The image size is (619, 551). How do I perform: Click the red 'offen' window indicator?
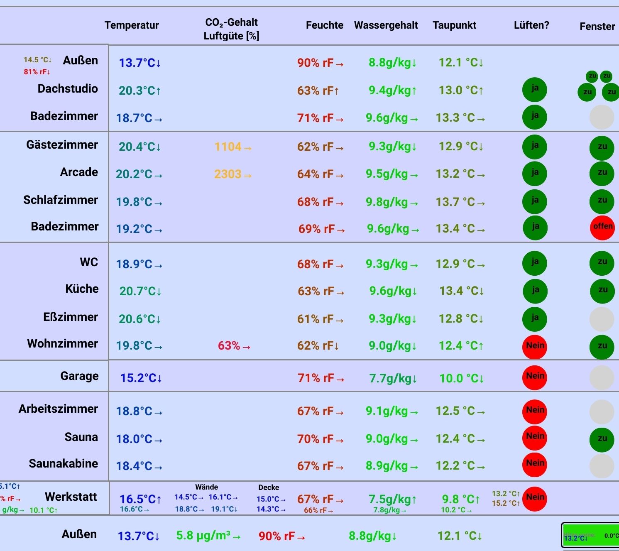pos(602,227)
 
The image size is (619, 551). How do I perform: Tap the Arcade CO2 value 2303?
pos(228,174)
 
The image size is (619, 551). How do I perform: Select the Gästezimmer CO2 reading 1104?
pos(228,147)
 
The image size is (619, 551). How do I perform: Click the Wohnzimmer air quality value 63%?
pos(229,345)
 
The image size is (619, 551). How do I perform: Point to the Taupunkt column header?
pos(454,25)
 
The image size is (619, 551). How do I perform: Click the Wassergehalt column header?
pos(386,25)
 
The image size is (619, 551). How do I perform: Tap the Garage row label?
pos(79,376)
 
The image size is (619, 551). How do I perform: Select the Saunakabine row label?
pos(63,463)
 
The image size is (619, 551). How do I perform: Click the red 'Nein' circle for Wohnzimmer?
pos(535,346)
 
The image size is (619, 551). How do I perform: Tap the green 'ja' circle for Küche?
pos(535,290)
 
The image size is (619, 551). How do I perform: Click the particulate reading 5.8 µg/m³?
pos(203,536)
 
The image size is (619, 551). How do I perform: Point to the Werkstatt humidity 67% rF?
pos(315,499)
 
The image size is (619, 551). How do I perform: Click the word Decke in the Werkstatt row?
pos(269,487)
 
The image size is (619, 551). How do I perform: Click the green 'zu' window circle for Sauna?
pos(602,439)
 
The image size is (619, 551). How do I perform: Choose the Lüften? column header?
pos(531,25)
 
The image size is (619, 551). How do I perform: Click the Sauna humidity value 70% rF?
pos(315,439)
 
